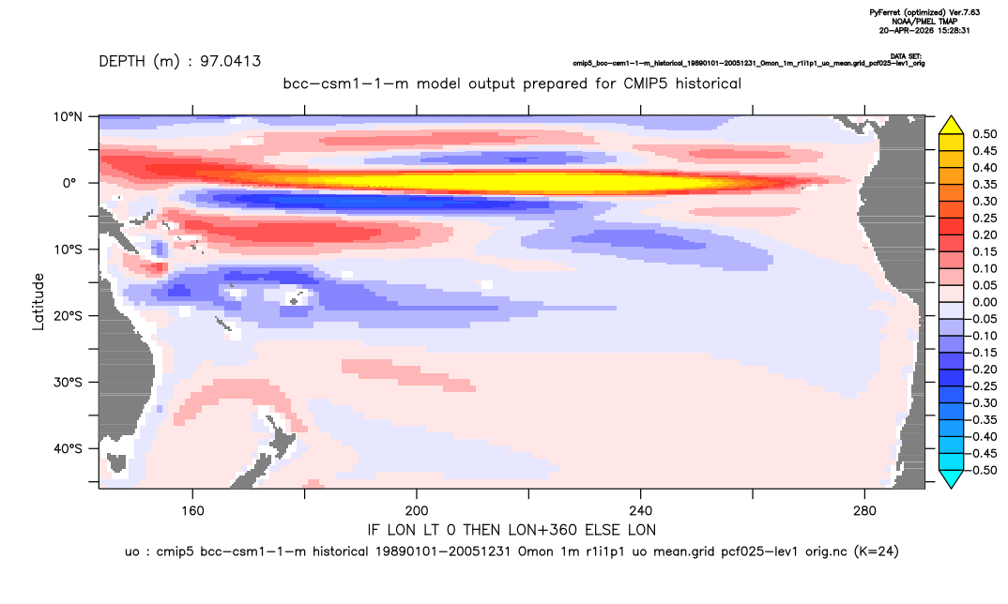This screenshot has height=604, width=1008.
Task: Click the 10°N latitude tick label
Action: click(x=68, y=117)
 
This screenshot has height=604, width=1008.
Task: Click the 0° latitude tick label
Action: click(x=69, y=183)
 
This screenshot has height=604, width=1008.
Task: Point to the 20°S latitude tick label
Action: click(x=68, y=316)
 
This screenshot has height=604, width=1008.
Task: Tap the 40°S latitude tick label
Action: click(x=68, y=448)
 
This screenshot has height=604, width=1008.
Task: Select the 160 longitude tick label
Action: click(x=192, y=511)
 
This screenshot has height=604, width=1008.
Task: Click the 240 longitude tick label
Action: click(x=641, y=511)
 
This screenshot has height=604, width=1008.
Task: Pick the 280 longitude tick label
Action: click(x=864, y=511)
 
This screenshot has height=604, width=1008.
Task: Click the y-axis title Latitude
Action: click(x=38, y=302)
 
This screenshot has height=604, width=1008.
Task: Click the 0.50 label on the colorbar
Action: click(x=985, y=134)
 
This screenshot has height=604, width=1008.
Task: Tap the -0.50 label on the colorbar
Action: click(x=983, y=470)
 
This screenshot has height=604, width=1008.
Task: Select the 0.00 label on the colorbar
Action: click(x=985, y=302)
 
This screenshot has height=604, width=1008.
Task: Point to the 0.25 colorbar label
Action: click(x=985, y=219)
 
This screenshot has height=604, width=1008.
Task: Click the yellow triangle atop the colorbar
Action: click(x=952, y=126)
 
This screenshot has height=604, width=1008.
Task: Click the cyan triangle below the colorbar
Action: click(x=952, y=478)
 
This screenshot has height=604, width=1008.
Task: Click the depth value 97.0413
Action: click(x=230, y=62)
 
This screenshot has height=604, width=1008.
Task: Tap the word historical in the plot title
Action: click(x=709, y=83)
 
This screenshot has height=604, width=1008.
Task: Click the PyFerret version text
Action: click(x=924, y=13)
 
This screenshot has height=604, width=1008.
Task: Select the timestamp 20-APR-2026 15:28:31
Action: click(x=924, y=30)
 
